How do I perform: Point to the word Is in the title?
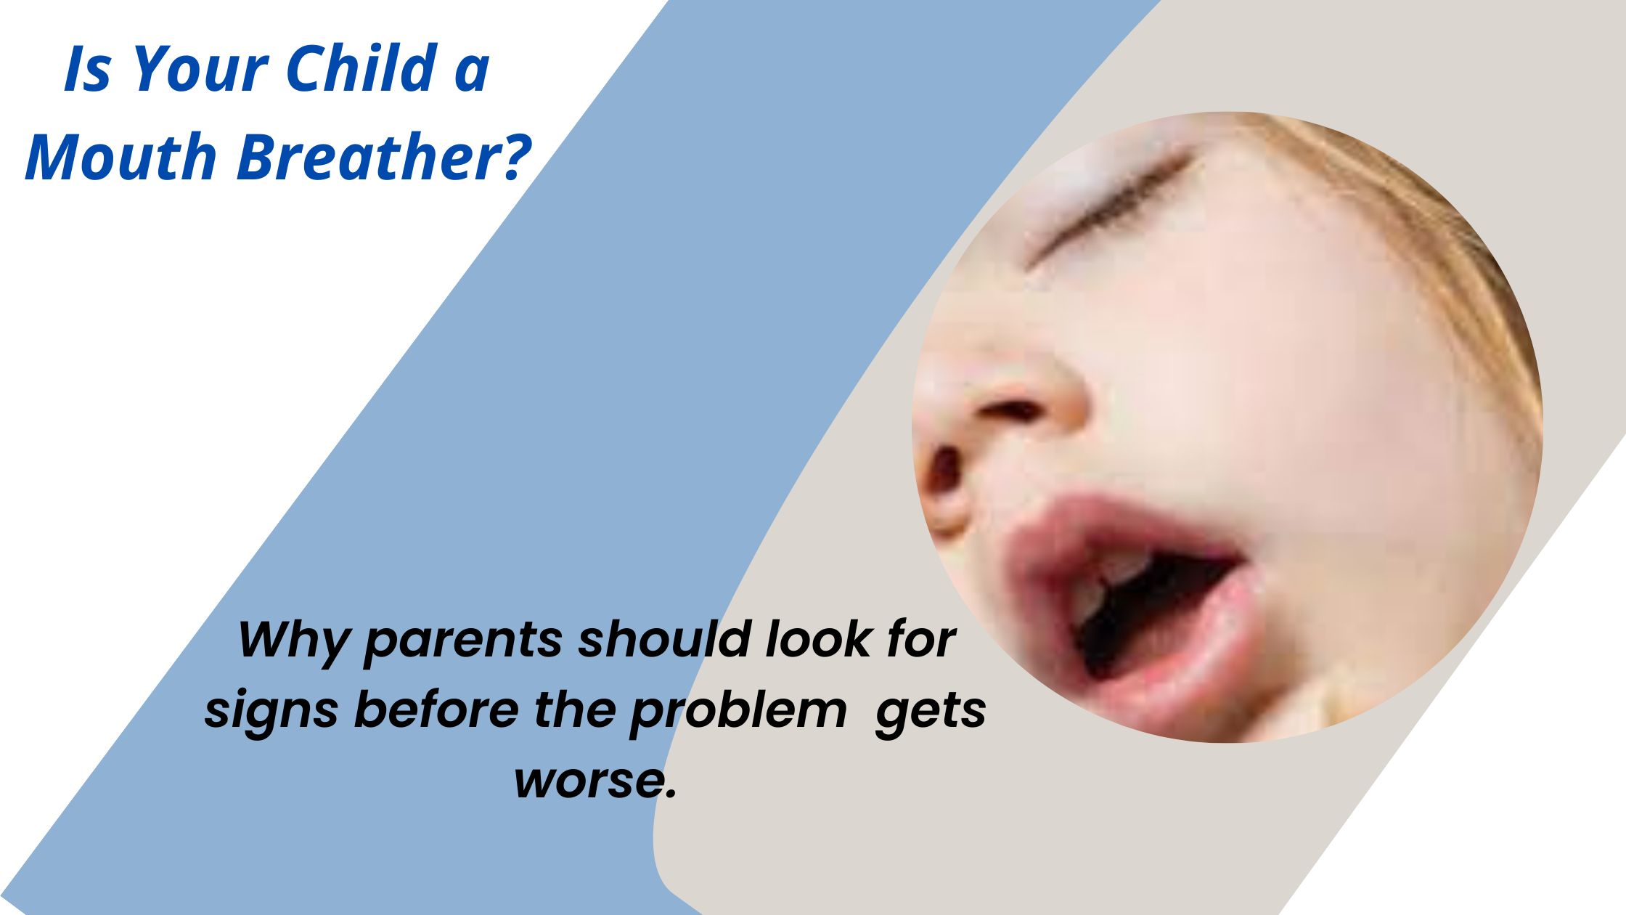(88, 69)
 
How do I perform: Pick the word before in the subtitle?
(436, 709)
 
